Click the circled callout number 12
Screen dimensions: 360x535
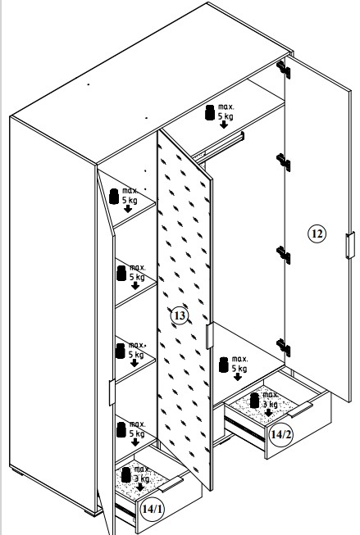coord(317,233)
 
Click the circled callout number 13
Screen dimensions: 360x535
coord(180,315)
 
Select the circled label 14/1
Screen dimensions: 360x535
coord(153,509)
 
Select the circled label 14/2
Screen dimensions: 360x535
coord(281,434)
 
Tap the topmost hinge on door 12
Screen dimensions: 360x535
coord(284,70)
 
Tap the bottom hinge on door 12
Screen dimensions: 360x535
coord(284,347)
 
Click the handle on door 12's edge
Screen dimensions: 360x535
coord(350,245)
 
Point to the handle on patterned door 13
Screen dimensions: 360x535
coord(210,336)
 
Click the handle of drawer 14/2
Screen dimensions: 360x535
coord(300,410)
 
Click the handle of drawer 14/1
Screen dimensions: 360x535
coord(171,484)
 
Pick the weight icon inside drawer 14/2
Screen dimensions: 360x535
coord(254,401)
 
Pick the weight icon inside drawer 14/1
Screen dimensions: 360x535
coord(126,474)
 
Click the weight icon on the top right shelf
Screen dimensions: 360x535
coord(210,112)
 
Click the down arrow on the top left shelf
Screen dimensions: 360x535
coord(128,209)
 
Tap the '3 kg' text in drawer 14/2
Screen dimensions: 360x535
coord(270,404)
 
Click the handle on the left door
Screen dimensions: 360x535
coord(112,392)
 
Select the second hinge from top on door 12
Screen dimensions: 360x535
coord(284,162)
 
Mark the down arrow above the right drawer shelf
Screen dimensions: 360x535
coord(238,377)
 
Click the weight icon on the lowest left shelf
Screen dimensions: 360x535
coord(121,429)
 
